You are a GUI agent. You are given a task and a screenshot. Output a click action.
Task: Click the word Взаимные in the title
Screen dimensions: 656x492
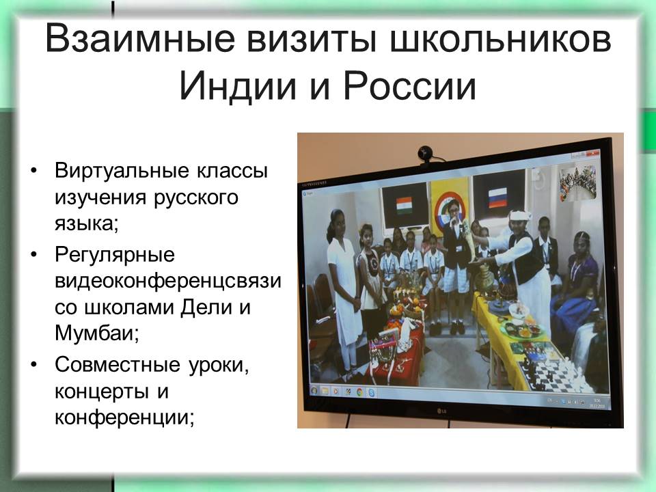[x=141, y=38]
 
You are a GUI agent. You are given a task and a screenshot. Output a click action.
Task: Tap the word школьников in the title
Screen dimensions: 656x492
[x=500, y=38]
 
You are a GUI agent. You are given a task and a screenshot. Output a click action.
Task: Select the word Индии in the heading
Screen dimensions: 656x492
[x=238, y=86]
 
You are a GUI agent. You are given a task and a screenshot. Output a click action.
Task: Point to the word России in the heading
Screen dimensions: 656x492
[x=410, y=86]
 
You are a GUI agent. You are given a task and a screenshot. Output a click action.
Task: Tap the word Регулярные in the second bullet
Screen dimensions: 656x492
[x=115, y=255]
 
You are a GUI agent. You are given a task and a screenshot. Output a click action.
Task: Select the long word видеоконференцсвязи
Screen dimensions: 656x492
[x=168, y=281]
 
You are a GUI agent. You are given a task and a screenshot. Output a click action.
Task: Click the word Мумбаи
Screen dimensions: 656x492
[x=96, y=333]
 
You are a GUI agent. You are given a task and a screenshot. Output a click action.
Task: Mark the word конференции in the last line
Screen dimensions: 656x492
[x=124, y=418]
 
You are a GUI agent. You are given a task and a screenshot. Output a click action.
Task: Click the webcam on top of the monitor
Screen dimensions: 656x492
[x=426, y=154]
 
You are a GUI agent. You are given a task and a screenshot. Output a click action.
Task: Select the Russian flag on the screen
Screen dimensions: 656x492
[x=498, y=197]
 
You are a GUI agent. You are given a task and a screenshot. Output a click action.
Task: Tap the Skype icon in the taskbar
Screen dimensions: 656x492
[x=370, y=393]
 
